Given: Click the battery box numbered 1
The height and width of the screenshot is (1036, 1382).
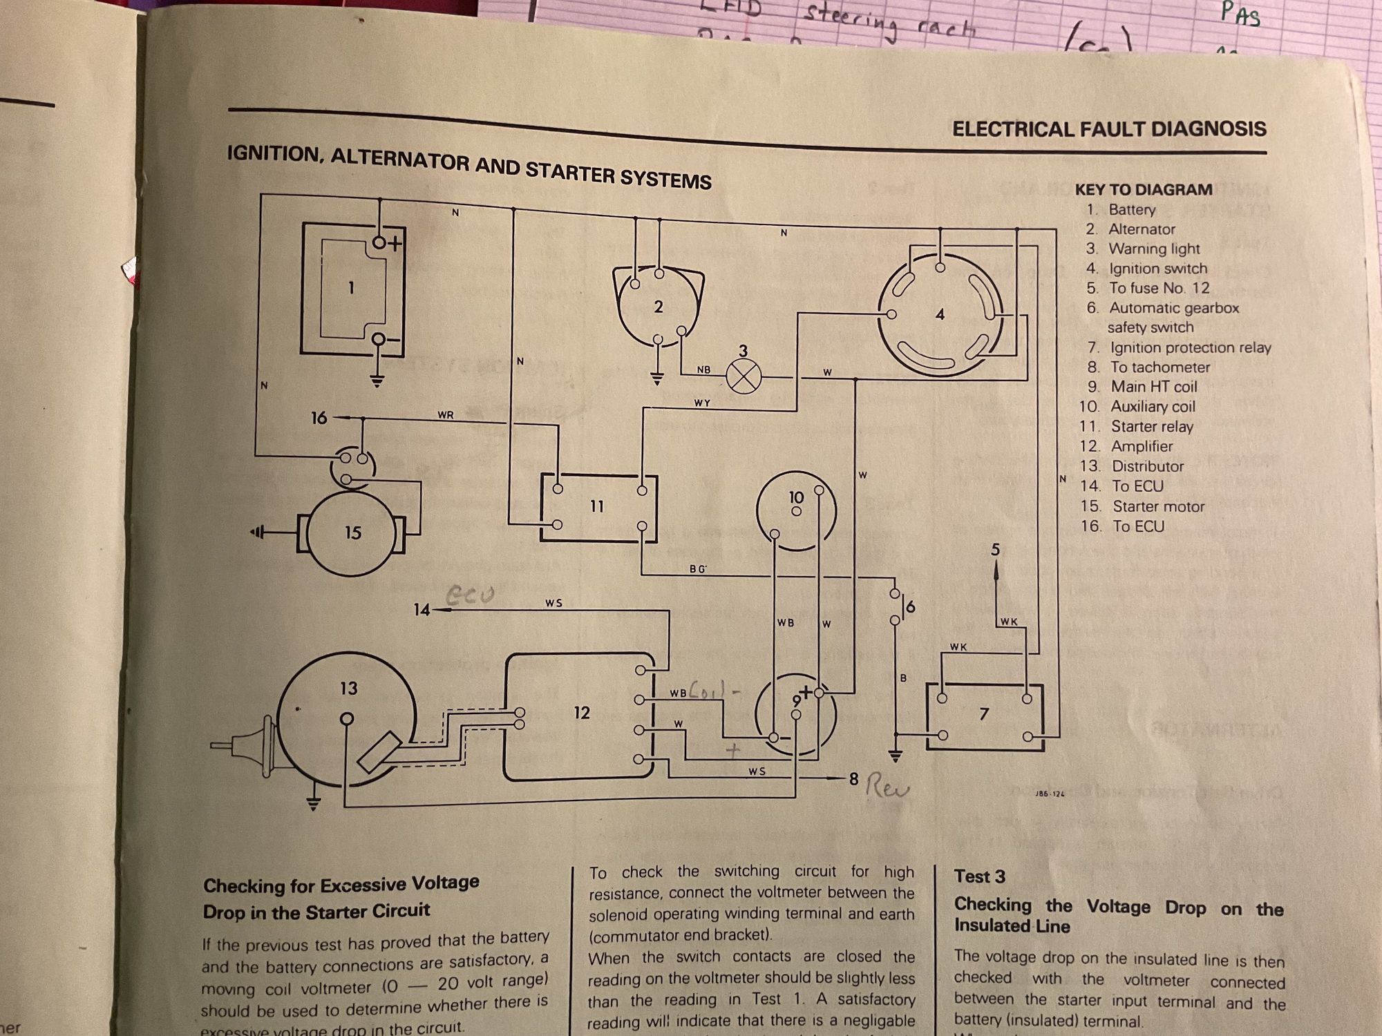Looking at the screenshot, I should pyautogui.click(x=352, y=289).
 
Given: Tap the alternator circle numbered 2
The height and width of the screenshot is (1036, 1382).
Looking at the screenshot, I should pyautogui.click(x=658, y=307).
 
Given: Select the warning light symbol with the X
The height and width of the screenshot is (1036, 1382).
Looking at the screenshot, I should pyautogui.click(x=744, y=377).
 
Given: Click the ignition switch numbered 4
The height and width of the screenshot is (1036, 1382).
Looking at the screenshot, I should pyautogui.click(x=939, y=315).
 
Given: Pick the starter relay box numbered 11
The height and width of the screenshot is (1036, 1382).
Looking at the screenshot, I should pyautogui.click(x=598, y=507).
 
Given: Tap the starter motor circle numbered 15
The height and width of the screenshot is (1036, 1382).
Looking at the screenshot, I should pyautogui.click(x=352, y=533).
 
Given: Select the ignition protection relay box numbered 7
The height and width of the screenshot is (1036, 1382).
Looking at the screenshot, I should pyautogui.click(x=984, y=715).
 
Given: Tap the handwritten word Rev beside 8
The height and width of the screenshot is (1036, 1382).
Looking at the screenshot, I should pyautogui.click(x=887, y=787).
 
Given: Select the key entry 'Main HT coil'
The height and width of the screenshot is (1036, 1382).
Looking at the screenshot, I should pyautogui.click(x=1154, y=387).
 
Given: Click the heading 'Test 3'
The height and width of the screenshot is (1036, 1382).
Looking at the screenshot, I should pyautogui.click(x=979, y=876).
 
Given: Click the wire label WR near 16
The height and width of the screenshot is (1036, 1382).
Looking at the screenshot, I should pyautogui.click(x=446, y=415).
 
